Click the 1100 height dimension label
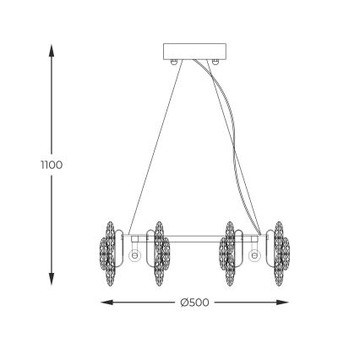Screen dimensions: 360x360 [x=52, y=164]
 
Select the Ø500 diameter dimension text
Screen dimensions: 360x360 [x=194, y=303]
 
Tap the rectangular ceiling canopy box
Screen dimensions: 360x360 [x=194, y=50]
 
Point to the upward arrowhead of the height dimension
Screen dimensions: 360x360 [x=52, y=49]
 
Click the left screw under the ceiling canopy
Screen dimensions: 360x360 [x=173, y=62]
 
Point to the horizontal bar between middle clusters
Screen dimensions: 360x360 [x=194, y=237]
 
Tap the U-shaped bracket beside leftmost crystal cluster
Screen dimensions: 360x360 [x=121, y=249]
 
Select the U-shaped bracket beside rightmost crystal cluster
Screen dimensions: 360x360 [x=266, y=249]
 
